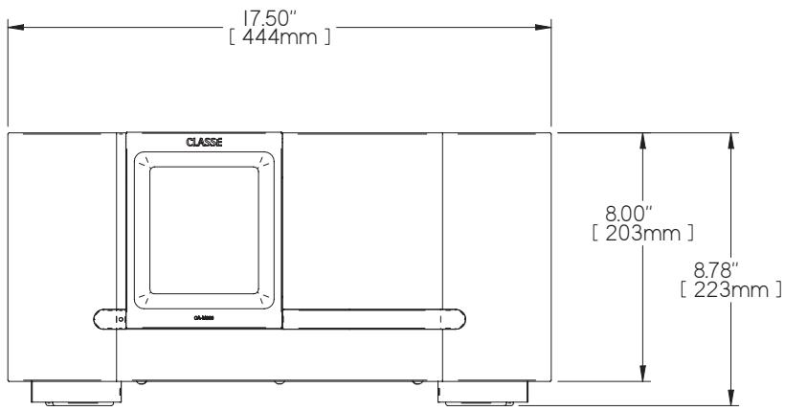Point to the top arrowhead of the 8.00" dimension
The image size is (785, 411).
tap(643, 140)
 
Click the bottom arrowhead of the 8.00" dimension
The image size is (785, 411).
tap(643, 377)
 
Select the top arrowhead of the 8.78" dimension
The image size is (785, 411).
tap(732, 140)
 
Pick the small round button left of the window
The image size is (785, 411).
tap(121, 317)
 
